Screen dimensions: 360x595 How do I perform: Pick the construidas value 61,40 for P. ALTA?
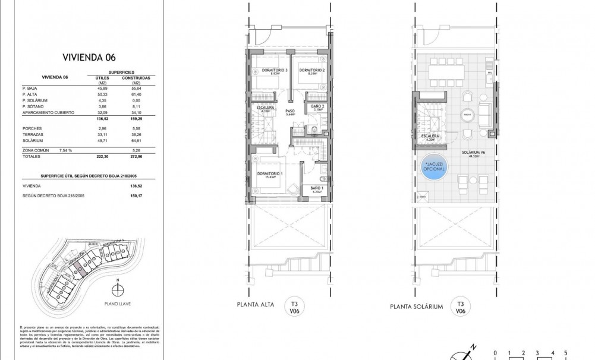click(136, 94)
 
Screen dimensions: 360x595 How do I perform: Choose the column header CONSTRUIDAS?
click(136, 78)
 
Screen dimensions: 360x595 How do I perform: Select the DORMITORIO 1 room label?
click(270, 173)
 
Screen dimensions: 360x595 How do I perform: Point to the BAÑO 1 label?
click(316, 189)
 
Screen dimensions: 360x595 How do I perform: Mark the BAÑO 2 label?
click(318, 106)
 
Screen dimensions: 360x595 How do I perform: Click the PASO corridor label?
click(290, 111)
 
